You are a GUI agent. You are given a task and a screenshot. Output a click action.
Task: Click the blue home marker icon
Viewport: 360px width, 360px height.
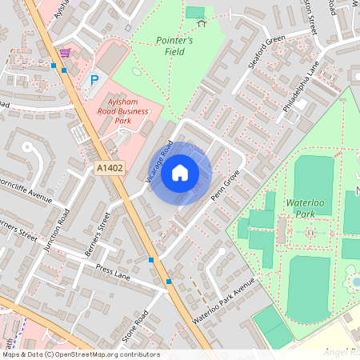pos(180,172)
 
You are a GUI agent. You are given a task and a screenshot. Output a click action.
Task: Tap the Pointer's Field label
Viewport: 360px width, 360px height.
pos(174,46)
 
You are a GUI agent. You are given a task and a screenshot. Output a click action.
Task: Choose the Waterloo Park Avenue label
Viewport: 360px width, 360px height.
pos(222,302)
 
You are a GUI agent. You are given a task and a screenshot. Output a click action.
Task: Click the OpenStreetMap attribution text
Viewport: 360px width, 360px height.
pos(80,354)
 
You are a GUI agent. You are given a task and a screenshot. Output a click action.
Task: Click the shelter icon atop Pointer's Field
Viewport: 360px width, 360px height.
pos(202,22)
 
